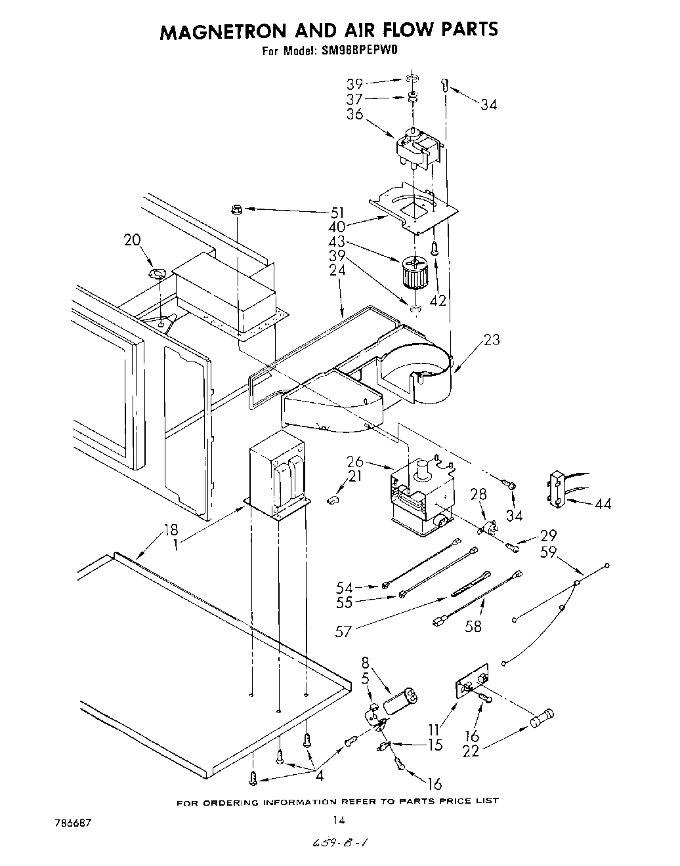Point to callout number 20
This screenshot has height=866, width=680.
tap(133, 240)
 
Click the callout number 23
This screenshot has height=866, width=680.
tap(491, 339)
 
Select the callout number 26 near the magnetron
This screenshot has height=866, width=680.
tap(355, 462)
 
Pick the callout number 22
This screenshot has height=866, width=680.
tap(471, 751)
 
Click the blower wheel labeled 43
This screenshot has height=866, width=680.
tap(414, 270)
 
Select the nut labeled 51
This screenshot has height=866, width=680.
tap(237, 210)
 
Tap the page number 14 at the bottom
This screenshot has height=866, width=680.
tap(338, 819)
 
